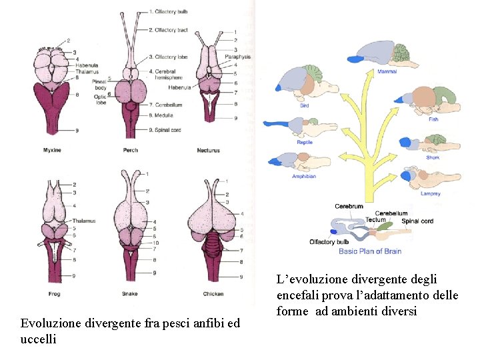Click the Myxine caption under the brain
tap(51, 150)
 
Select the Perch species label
tap(131, 150)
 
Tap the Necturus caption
tap(208, 150)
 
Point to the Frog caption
tap(55, 293)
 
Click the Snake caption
tap(131, 293)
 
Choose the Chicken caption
tap(213, 293)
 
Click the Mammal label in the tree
tap(387, 71)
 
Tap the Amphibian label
tap(303, 176)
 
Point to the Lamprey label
tap(430, 194)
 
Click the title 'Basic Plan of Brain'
tap(370, 251)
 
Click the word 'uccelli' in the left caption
tap(38, 339)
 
